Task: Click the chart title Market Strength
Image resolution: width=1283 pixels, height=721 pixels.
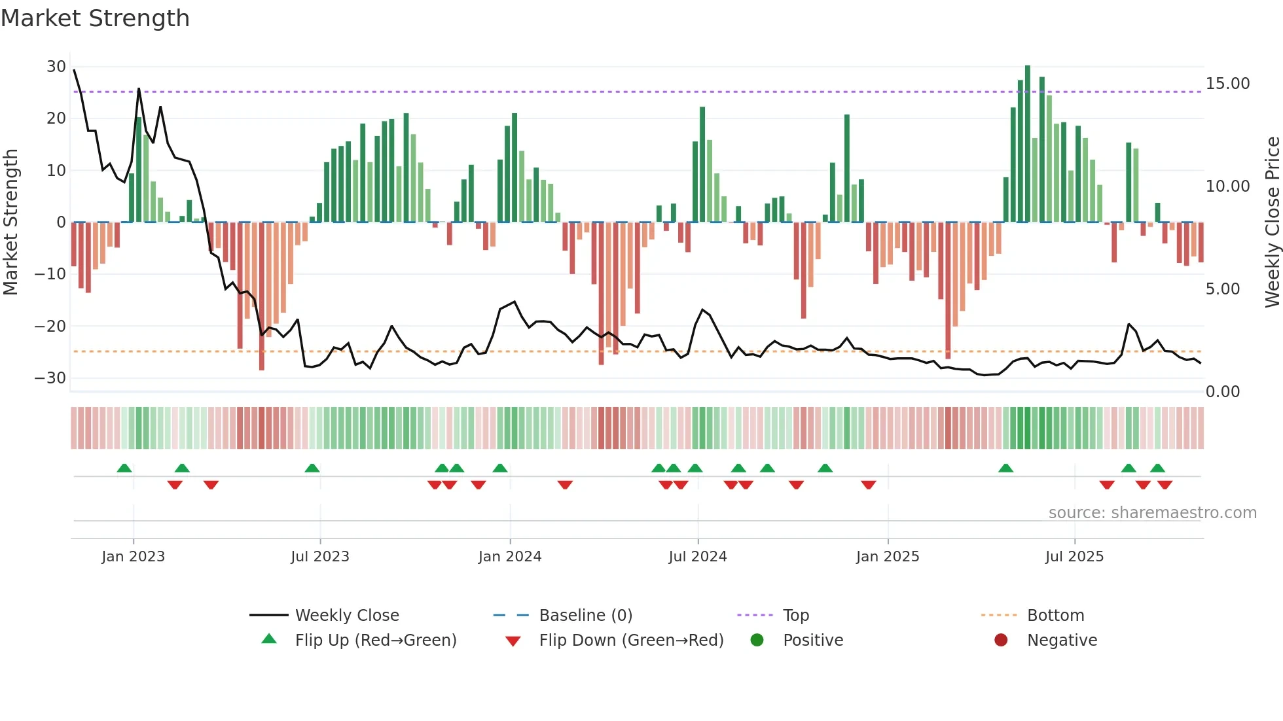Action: (95, 18)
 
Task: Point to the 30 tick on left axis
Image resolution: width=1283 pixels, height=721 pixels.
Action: (56, 67)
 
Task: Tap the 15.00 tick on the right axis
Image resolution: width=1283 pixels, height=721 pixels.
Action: (1227, 84)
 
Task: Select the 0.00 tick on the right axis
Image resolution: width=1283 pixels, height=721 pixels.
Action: (1222, 392)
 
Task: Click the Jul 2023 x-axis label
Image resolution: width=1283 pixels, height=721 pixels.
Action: (319, 557)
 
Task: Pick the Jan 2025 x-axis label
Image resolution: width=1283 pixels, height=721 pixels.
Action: (887, 557)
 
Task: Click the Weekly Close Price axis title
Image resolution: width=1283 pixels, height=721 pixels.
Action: (1272, 222)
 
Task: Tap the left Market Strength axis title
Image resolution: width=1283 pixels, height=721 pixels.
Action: (10, 222)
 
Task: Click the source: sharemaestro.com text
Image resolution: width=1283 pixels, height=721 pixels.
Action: (1152, 513)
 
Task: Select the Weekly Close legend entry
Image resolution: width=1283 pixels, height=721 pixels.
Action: (346, 616)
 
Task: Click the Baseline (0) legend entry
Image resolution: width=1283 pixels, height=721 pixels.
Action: (585, 616)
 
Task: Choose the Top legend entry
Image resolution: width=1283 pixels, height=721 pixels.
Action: (795, 616)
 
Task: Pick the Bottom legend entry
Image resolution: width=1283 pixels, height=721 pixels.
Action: (1055, 616)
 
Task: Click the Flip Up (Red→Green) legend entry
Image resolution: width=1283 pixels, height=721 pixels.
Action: (375, 641)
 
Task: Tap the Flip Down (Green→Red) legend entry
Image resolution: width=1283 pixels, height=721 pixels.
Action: (631, 641)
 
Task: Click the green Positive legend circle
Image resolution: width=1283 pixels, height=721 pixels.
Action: (757, 641)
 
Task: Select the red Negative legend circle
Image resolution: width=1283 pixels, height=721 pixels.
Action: (1001, 641)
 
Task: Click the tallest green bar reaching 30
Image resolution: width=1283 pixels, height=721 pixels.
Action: (1027, 144)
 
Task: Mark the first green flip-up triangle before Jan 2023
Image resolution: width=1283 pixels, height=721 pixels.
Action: (124, 468)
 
